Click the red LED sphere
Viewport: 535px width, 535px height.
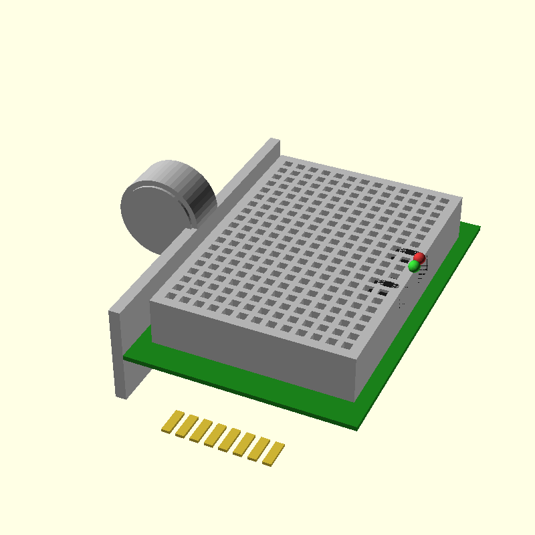coord(419,257)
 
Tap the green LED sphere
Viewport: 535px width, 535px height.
coord(414,265)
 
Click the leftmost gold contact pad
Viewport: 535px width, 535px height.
coord(173,421)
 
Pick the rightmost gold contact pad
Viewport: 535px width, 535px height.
coord(274,454)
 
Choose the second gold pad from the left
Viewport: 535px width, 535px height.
coord(187,426)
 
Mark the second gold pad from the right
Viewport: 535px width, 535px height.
coord(259,449)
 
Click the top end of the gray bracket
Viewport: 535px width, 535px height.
coord(272,142)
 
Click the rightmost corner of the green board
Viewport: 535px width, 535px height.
coord(479,228)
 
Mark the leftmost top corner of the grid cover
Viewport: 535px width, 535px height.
coord(151,302)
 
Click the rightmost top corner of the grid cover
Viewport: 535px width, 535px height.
coord(461,199)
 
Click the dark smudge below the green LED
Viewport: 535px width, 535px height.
coord(387,286)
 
